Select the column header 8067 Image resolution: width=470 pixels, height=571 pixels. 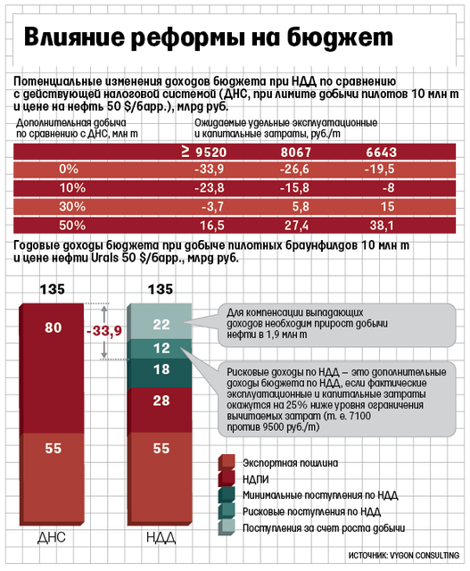tap(295, 153)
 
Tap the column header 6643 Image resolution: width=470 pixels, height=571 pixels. tap(381, 153)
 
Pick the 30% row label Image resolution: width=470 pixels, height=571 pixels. tap(72, 206)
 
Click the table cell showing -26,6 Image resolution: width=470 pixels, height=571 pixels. tap(294, 169)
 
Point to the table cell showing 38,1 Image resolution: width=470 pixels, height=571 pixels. tap(382, 226)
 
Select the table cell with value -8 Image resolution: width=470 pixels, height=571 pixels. tap(388, 188)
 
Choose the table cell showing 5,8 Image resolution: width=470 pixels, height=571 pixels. tap(301, 206)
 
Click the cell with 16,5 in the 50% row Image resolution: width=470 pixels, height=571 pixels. tap(212, 226)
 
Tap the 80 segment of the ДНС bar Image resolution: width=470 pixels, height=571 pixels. tap(52, 368)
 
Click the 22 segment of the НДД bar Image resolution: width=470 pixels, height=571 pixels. tap(161, 321)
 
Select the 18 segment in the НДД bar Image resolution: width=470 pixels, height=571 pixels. tap(161, 373)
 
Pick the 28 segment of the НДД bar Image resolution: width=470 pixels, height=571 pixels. tap(161, 410)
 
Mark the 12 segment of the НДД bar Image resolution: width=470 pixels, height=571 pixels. tap(161, 349)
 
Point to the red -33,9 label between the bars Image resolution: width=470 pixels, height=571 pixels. tap(104, 331)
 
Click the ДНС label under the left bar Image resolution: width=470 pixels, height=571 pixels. tap(52, 538)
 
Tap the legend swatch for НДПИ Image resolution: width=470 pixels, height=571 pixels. tap(227, 478)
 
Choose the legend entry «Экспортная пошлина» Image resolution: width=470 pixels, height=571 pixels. tap(290, 463)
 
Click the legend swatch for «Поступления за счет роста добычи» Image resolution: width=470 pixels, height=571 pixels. tap(227, 527)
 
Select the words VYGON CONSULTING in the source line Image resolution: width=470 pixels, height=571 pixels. tap(425, 556)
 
